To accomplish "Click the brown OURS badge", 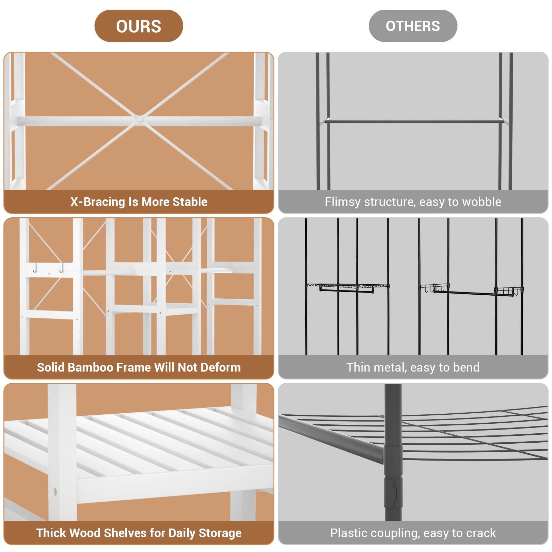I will [138, 26].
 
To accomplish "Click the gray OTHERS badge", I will [413, 26].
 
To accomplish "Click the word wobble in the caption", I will [483, 202].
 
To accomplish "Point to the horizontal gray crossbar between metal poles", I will [413, 121].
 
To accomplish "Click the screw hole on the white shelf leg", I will [55, 491].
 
